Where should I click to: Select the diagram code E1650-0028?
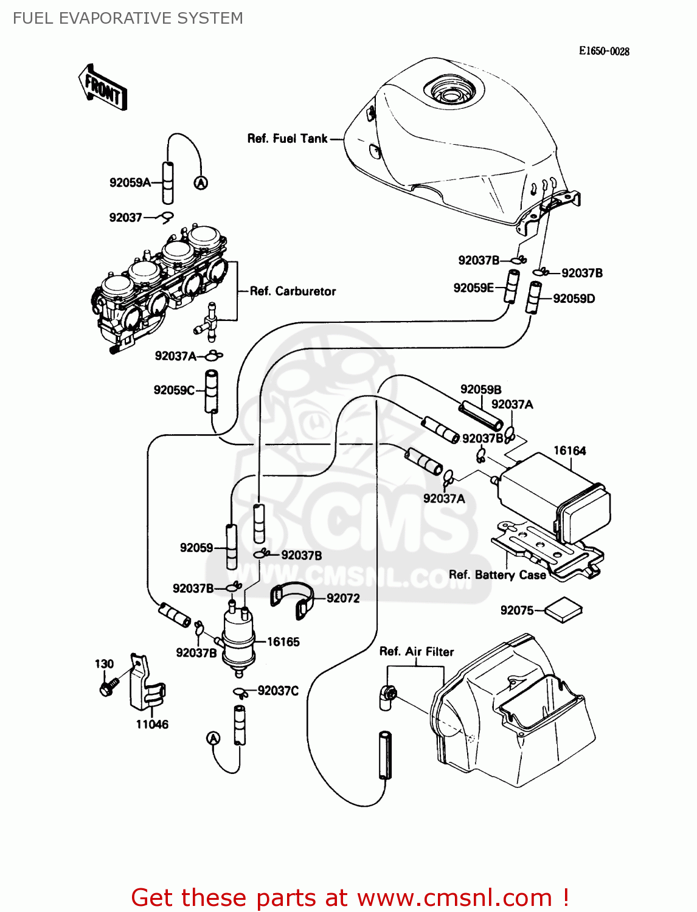coord(603,52)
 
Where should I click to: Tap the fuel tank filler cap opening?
coord(451,94)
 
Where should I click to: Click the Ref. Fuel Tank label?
coord(287,139)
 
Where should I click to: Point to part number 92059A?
coord(130,182)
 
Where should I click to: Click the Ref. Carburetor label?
coord(293,291)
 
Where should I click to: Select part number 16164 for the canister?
coord(569,451)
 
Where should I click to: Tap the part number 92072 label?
coord(343,598)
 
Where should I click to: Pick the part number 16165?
coord(283,642)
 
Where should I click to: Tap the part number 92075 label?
coord(516,610)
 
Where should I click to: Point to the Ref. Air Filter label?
coord(417,652)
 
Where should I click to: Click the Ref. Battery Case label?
coord(497,575)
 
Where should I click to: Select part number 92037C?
coord(278,691)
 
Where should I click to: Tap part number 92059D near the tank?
coord(574,299)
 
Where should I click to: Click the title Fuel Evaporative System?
coord(128,18)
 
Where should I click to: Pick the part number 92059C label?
coord(174,390)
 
